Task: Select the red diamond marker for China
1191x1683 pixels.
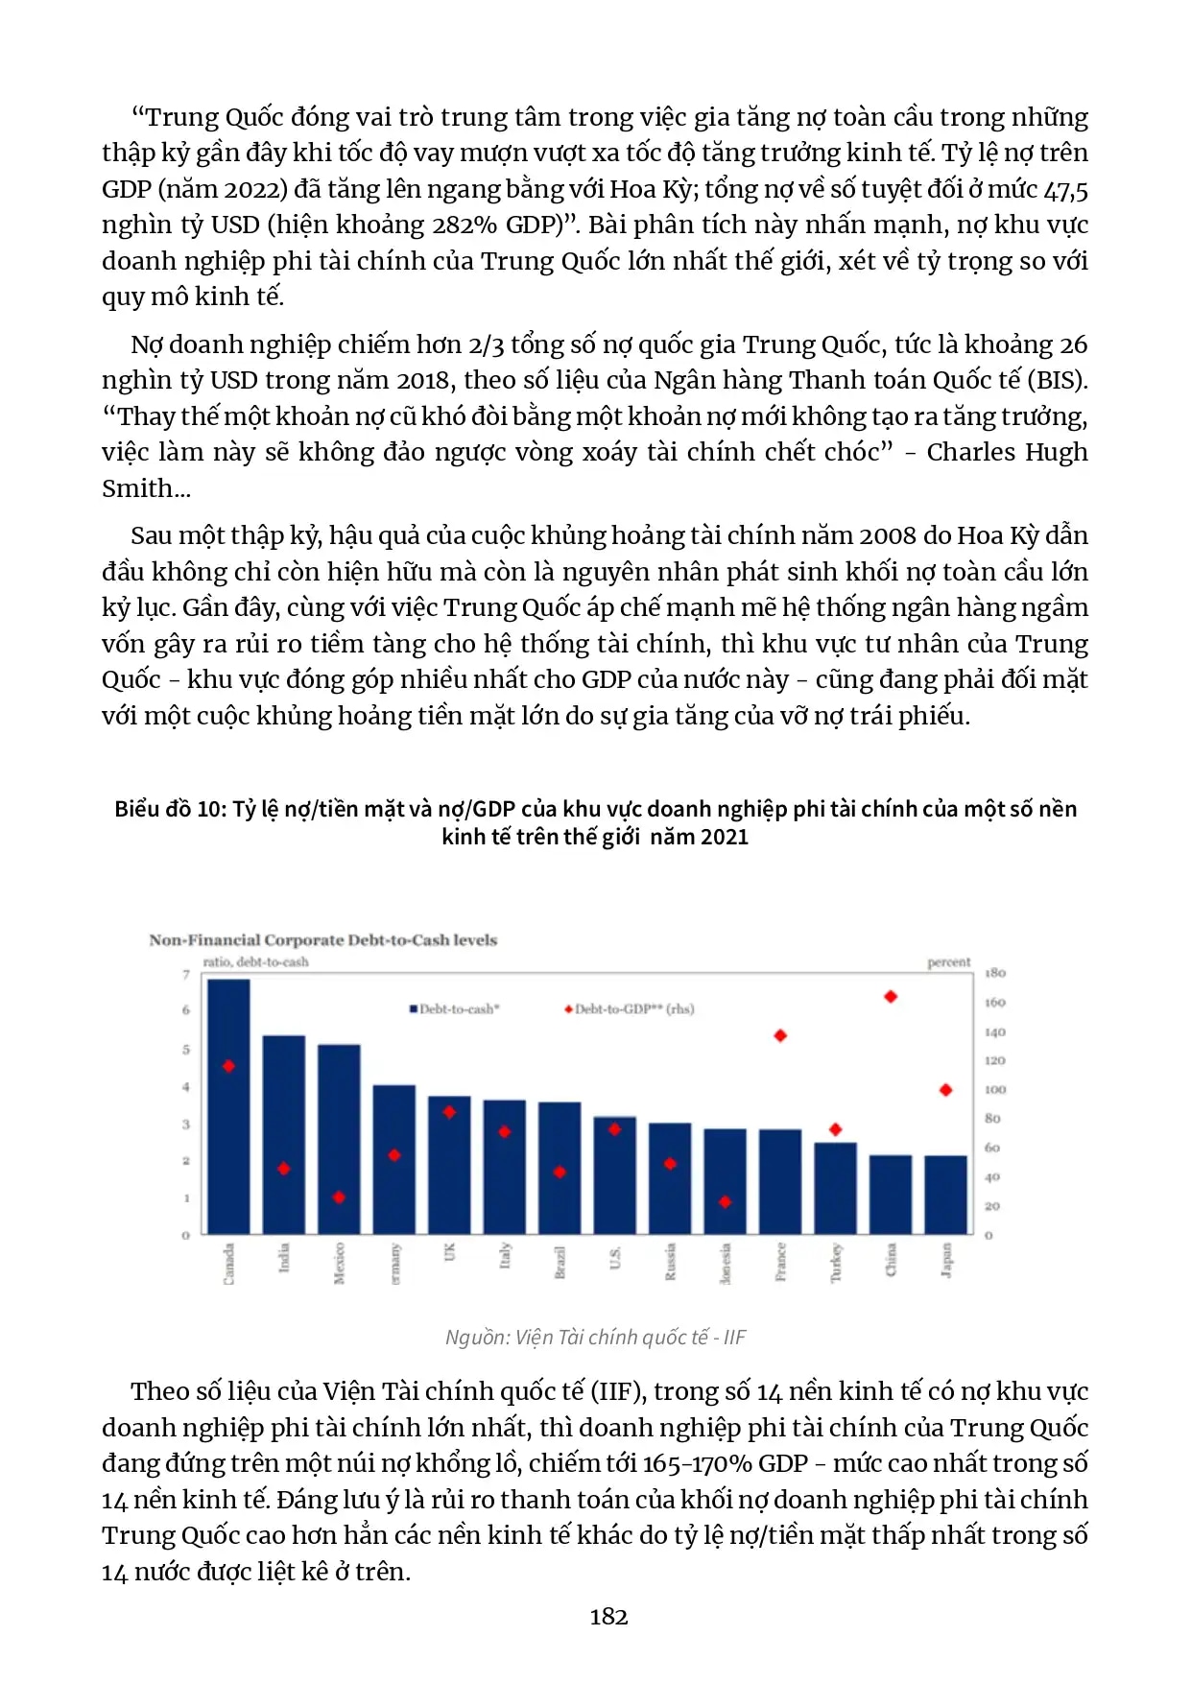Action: coord(891,997)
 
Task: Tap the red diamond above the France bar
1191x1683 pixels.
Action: coord(780,1035)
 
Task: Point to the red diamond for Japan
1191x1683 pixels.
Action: coord(945,1090)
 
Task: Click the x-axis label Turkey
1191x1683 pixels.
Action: coord(836,1262)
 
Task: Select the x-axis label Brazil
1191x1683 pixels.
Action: coord(560,1262)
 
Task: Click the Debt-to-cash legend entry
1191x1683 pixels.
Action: coord(455,1008)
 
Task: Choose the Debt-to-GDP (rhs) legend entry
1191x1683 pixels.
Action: coord(630,1008)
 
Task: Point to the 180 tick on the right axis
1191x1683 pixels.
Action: coord(994,973)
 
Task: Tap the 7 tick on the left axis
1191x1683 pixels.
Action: coord(186,975)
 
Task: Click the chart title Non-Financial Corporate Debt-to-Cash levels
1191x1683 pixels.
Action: coord(322,940)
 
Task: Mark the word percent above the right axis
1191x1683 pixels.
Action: coord(948,961)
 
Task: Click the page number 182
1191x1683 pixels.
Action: coord(608,1617)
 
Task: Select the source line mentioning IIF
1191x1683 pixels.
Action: coord(595,1337)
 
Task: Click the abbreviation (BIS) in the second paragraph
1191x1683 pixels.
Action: coord(1057,380)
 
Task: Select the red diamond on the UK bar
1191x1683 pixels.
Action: coord(449,1112)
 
